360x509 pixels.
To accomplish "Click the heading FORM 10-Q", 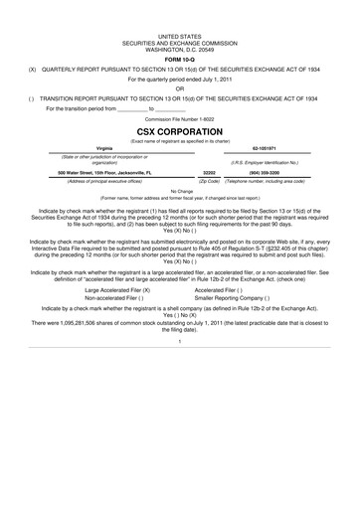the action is point(180,59).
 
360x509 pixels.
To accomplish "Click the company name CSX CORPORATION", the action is point(180,130).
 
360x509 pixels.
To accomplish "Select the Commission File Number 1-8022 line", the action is point(180,119).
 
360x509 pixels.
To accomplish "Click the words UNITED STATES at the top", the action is point(180,34).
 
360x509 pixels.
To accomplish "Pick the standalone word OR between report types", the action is point(180,88).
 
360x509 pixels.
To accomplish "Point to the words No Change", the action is point(180,190).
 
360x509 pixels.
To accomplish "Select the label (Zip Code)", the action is point(210,181).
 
